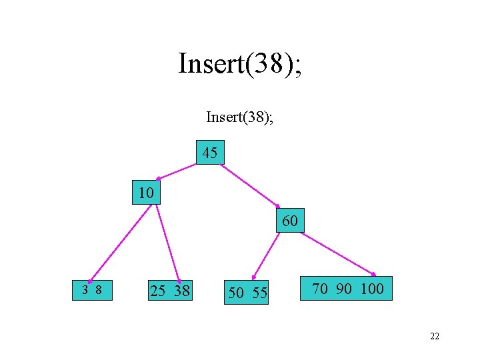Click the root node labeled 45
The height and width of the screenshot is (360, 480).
tap(210, 153)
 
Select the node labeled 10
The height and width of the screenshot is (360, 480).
tap(146, 193)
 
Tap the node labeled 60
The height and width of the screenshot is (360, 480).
tap(290, 220)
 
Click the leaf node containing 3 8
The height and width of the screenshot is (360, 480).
tap(92, 290)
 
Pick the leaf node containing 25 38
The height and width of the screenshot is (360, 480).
tap(169, 291)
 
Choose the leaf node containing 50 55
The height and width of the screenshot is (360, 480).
tap(247, 292)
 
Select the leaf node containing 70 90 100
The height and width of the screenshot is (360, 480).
tap(347, 289)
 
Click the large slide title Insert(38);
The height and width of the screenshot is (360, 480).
tap(239, 64)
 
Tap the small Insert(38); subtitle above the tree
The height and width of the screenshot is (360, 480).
tap(239, 118)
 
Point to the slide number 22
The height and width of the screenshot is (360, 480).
tap(435, 337)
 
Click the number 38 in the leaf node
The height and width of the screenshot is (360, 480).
tap(181, 291)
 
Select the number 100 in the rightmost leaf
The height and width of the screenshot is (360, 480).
tap(372, 289)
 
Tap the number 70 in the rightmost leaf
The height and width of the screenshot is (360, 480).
tap(320, 289)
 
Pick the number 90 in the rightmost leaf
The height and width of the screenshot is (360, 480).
tap(344, 289)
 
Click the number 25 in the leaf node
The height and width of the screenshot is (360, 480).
tap(158, 291)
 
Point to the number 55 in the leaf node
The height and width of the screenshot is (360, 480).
tap(259, 292)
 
